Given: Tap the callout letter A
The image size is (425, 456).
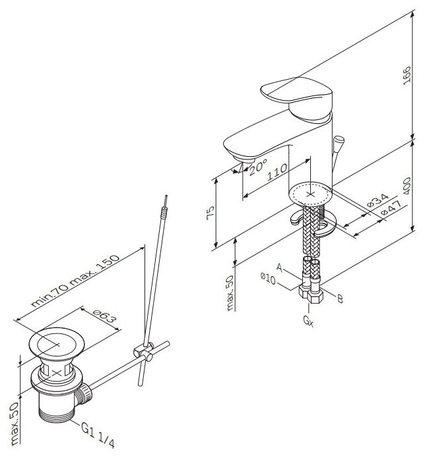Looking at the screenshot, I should click(x=280, y=268).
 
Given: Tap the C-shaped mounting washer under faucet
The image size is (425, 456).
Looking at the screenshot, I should click(x=316, y=223).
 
